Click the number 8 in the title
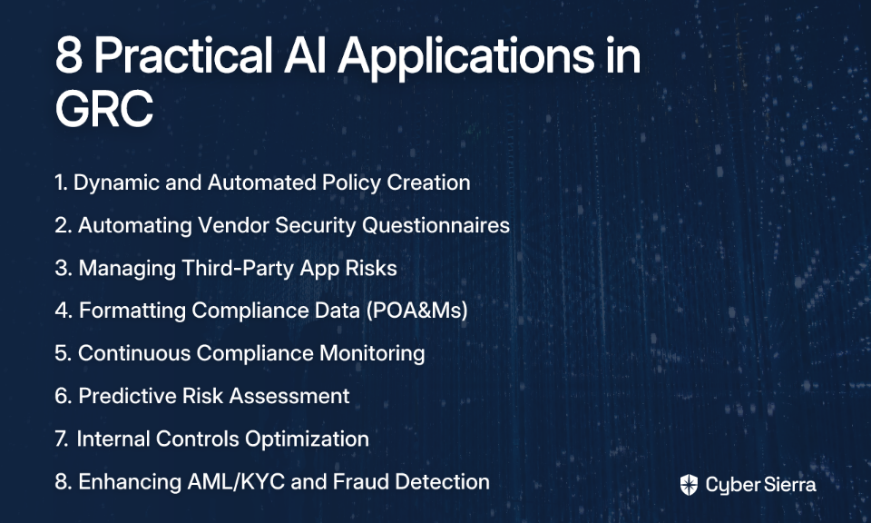(69, 55)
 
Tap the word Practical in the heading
(183, 54)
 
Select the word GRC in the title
(103, 108)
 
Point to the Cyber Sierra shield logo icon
(689, 485)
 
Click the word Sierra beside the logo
(788, 485)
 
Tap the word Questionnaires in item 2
(436, 225)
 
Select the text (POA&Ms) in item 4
(417, 311)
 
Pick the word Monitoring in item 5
(372, 354)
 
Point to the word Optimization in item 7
(308, 439)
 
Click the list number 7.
(62, 439)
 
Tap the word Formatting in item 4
(132, 311)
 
